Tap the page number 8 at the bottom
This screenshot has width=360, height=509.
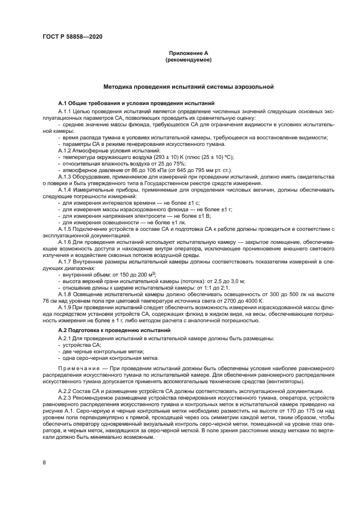point(44,462)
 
